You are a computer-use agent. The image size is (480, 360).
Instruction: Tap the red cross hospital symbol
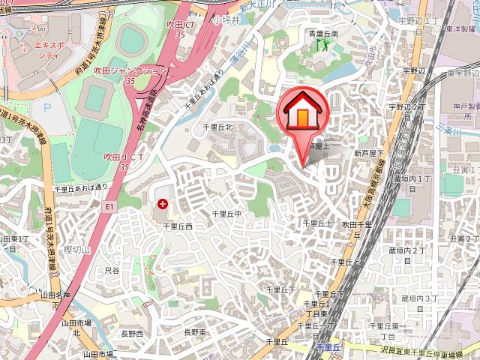pyautogui.click(x=163, y=203)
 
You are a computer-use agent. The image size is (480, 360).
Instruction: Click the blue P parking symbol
pyautogui.click(x=47, y=108)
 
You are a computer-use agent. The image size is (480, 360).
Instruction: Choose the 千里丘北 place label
pyautogui.click(x=219, y=127)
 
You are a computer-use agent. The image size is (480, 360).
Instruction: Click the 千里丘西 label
pyautogui.click(x=178, y=225)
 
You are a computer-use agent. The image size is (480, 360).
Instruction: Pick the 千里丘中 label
pyautogui.click(x=227, y=214)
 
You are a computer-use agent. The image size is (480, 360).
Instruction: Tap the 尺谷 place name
pyautogui.click(x=112, y=268)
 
